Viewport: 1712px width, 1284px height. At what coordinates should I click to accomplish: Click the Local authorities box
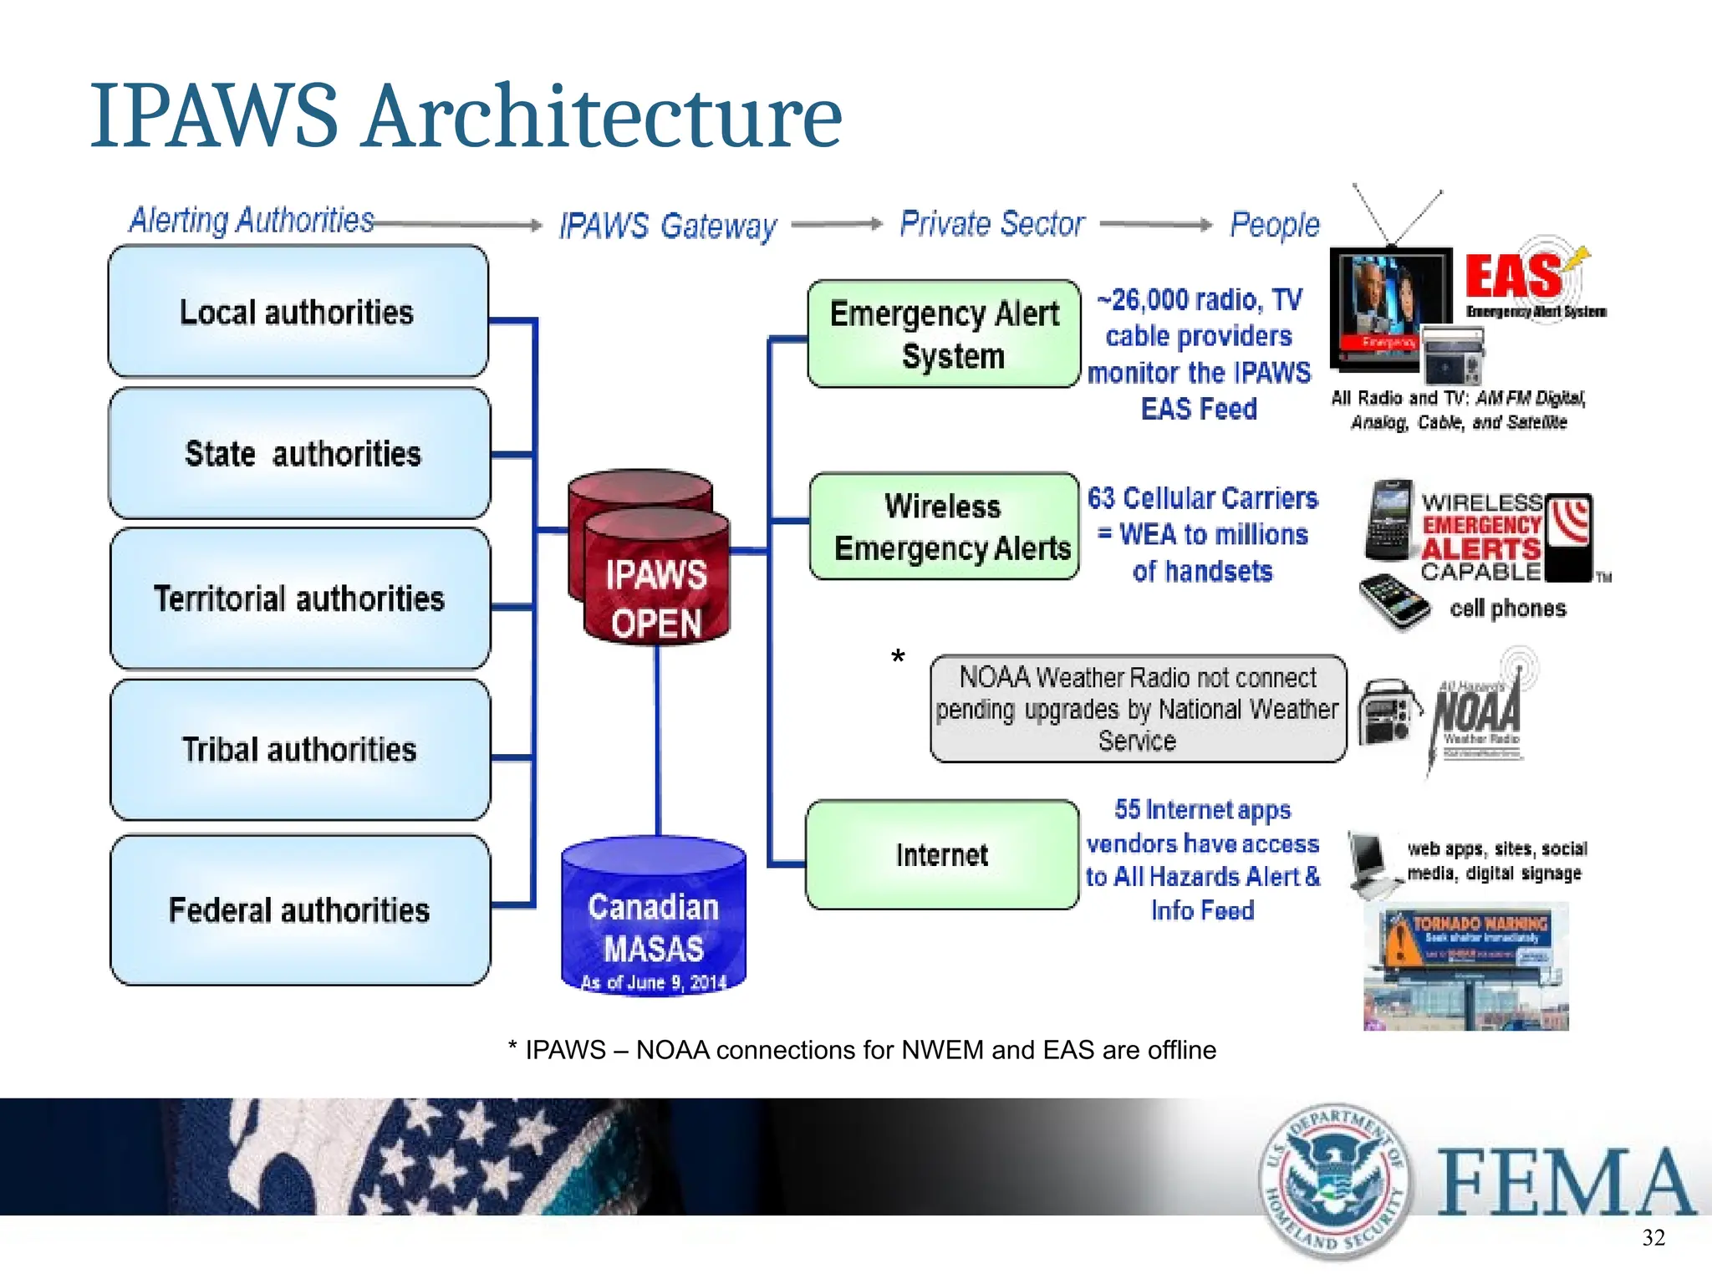298,311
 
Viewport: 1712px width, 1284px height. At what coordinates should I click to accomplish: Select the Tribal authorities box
299,749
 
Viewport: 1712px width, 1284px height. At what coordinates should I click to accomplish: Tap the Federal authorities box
299,909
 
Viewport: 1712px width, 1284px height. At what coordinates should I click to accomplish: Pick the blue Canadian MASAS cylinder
653,920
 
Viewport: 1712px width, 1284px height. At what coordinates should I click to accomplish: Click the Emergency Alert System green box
944,334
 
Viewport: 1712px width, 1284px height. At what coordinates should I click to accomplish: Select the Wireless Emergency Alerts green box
944,527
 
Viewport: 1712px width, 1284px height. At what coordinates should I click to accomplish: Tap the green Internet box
942,854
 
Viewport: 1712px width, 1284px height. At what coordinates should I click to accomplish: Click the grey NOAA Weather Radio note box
1137,708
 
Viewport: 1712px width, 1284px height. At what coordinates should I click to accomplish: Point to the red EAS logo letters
1513,277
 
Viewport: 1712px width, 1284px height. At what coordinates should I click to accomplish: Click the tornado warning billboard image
1465,966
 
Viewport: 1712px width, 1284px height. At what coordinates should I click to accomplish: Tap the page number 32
1653,1238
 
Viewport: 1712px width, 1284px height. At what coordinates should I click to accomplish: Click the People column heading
1274,224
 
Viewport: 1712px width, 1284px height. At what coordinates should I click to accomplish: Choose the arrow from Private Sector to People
1155,224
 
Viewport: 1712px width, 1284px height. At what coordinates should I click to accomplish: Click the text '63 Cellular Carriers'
1202,498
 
